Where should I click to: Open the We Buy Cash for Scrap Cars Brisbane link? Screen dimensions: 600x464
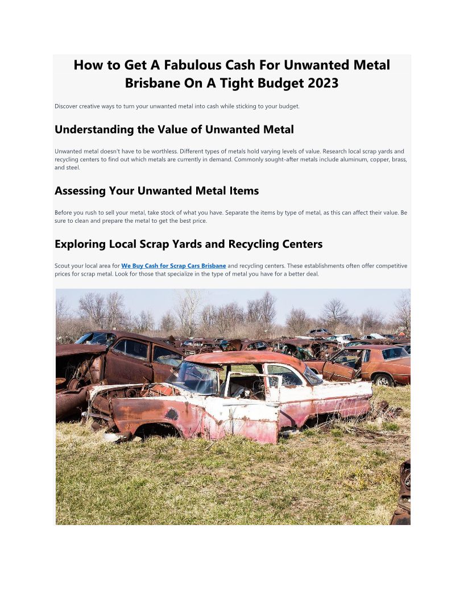(x=173, y=266)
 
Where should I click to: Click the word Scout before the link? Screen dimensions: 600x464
(x=63, y=266)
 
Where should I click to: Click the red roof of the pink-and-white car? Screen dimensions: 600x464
(x=245, y=358)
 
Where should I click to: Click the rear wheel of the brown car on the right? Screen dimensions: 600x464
(x=382, y=380)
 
